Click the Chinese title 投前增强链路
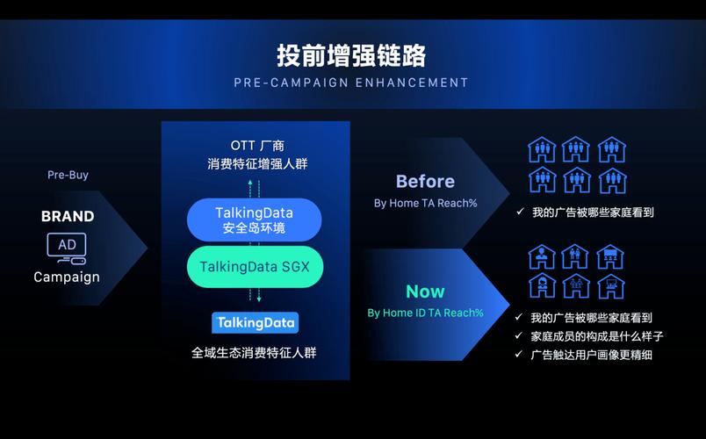pyautogui.click(x=351, y=55)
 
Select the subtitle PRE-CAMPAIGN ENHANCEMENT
pyautogui.click(x=351, y=83)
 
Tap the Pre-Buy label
pyautogui.click(x=68, y=175)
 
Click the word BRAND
pyautogui.click(x=68, y=216)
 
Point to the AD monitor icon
pyautogui.click(x=67, y=247)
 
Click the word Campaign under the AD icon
pyautogui.click(x=67, y=277)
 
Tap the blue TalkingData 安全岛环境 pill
pyautogui.click(x=255, y=219)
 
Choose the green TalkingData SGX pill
pyautogui.click(x=255, y=266)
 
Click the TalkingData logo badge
pyautogui.click(x=255, y=322)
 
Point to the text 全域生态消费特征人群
pyautogui.click(x=255, y=352)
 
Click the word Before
pyautogui.click(x=425, y=182)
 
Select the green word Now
pyautogui.click(x=425, y=291)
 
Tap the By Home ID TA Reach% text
pyautogui.click(x=425, y=313)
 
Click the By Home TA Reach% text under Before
pyautogui.click(x=425, y=203)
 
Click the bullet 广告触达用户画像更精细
pyautogui.click(x=591, y=355)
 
